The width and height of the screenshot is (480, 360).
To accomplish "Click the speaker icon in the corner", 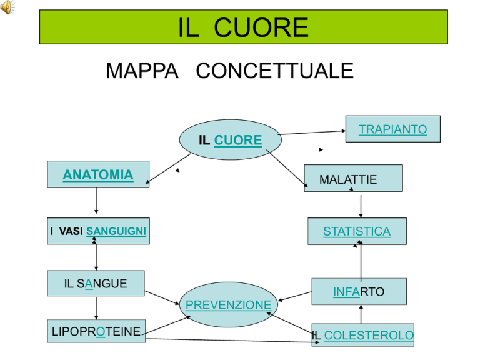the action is [7, 7].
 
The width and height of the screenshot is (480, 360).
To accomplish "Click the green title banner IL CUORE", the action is [244, 27].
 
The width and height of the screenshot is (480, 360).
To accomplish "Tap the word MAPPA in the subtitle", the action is [142, 71].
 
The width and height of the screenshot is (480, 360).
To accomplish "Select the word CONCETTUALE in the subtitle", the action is [274, 71].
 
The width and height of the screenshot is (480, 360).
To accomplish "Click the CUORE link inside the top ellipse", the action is [238, 140].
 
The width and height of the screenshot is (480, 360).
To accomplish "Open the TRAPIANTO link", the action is [392, 129].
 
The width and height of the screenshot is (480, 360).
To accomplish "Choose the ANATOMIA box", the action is [98, 174].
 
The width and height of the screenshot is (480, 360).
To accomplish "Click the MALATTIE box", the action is [353, 178].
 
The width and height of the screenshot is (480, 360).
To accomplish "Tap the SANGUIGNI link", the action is [116, 231].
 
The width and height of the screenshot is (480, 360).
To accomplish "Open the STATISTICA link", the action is [357, 231].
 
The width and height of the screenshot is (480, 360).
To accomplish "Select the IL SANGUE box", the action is [96, 283].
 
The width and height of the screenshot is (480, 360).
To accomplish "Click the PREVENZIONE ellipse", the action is [229, 304].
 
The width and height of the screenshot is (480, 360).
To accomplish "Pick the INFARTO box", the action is [359, 291].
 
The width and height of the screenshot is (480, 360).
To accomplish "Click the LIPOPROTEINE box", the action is [96, 331].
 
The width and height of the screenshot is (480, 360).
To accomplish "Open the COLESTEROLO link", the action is [369, 335].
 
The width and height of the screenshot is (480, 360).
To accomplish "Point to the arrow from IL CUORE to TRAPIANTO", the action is [312, 132].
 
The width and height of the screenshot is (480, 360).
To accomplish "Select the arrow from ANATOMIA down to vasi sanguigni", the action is [96, 201].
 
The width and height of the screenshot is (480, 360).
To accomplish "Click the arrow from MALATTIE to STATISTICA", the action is [361, 206].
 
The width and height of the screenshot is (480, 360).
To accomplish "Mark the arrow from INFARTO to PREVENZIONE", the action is [295, 296].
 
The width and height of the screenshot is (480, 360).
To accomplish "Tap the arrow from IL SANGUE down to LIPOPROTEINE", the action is [96, 308].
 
